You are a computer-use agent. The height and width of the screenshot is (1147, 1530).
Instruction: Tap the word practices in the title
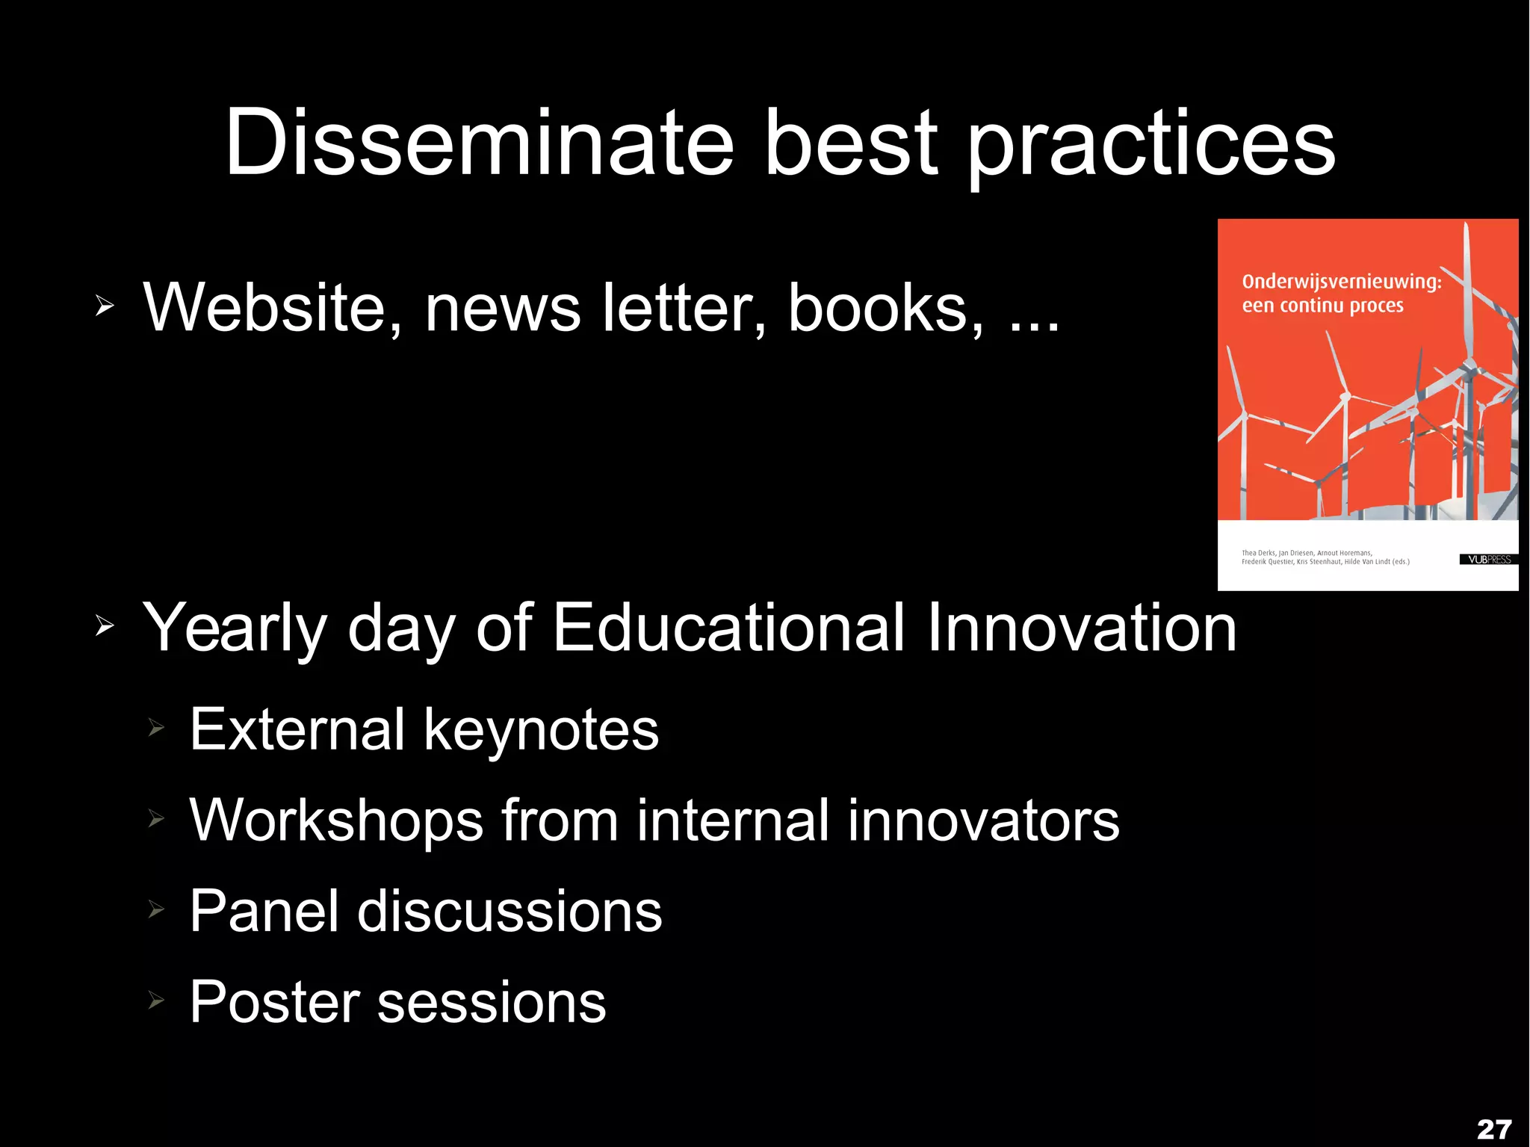coord(1151,146)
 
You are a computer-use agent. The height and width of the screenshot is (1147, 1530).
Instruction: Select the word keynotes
coord(541,730)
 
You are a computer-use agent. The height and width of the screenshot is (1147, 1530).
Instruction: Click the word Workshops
coord(336,820)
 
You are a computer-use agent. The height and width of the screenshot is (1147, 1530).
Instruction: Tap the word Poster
coord(274,1002)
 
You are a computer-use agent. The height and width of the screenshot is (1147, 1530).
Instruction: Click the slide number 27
coord(1494,1129)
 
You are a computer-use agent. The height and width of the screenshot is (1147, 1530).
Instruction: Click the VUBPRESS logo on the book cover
coord(1489,559)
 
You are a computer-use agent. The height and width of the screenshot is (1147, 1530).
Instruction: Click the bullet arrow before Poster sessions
coord(155,999)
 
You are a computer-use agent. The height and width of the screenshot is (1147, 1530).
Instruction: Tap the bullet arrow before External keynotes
coord(155,726)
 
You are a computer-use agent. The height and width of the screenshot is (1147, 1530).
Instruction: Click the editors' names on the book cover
coord(1325,557)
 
